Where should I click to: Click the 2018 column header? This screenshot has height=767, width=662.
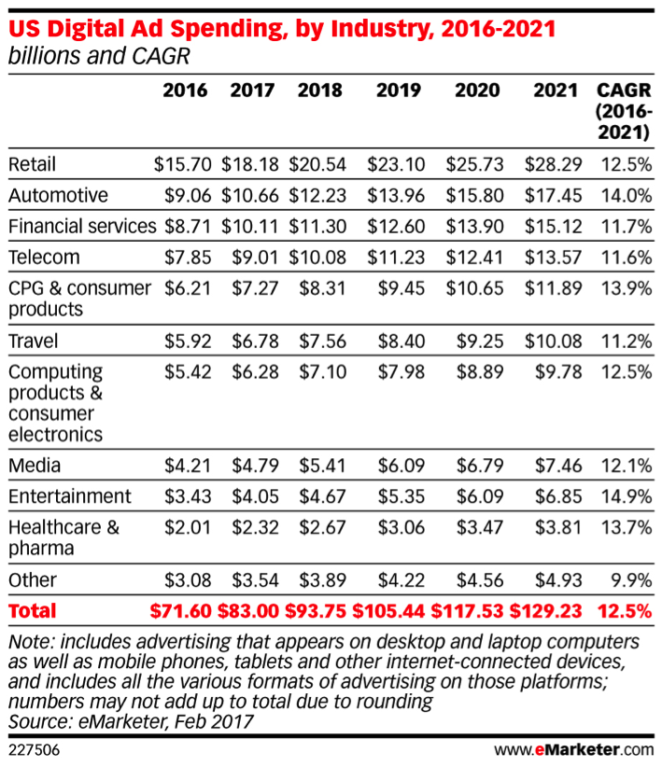point(319,91)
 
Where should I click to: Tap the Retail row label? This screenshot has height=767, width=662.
point(33,164)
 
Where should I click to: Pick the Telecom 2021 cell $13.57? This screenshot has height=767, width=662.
point(557,257)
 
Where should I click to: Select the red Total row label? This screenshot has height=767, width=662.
point(33,611)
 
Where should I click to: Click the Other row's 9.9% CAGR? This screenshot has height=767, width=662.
point(631,580)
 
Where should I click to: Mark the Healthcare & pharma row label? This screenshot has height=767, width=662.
point(63,537)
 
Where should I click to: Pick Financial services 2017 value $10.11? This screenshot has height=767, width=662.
point(248,226)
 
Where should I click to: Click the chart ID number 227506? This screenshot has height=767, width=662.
point(33,748)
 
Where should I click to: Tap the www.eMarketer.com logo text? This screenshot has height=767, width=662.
point(573,748)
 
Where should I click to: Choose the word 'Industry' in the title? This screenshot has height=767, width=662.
point(314,29)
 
